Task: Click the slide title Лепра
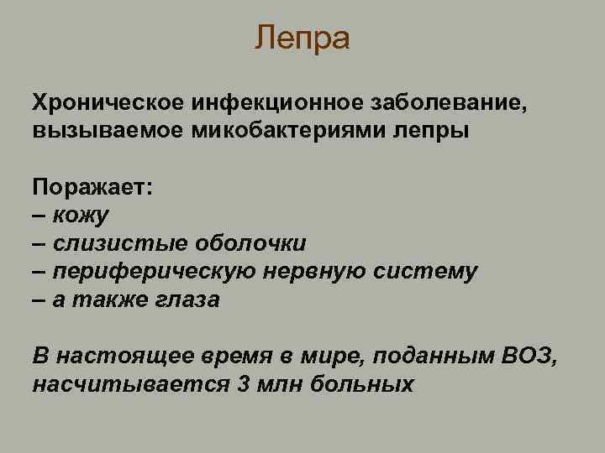click(302, 38)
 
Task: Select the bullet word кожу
click(81, 216)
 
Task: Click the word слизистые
click(120, 244)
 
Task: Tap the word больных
click(362, 385)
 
